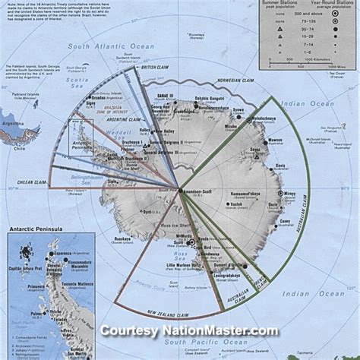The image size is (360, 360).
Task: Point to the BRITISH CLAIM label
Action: click(x=156, y=68)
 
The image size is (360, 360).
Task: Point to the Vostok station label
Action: click(x=237, y=205)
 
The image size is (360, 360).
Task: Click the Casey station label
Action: click(x=285, y=221)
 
